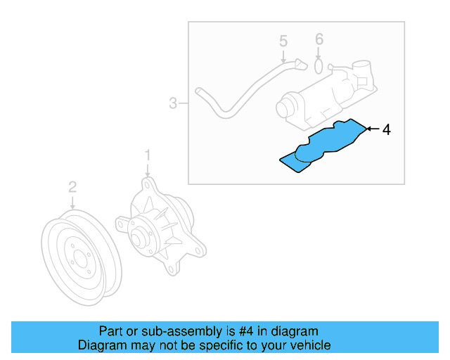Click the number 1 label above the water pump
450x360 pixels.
coord(148,154)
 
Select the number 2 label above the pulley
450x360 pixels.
coord(72,187)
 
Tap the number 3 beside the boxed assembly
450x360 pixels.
coord(173,104)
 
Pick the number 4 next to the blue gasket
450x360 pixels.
coord(385,129)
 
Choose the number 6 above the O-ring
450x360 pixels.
coord(319,39)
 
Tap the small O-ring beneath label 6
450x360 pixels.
coord(319,67)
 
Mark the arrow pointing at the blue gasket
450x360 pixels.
coord(372,129)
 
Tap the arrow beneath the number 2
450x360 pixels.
coord(72,202)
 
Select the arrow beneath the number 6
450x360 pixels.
coord(319,53)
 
